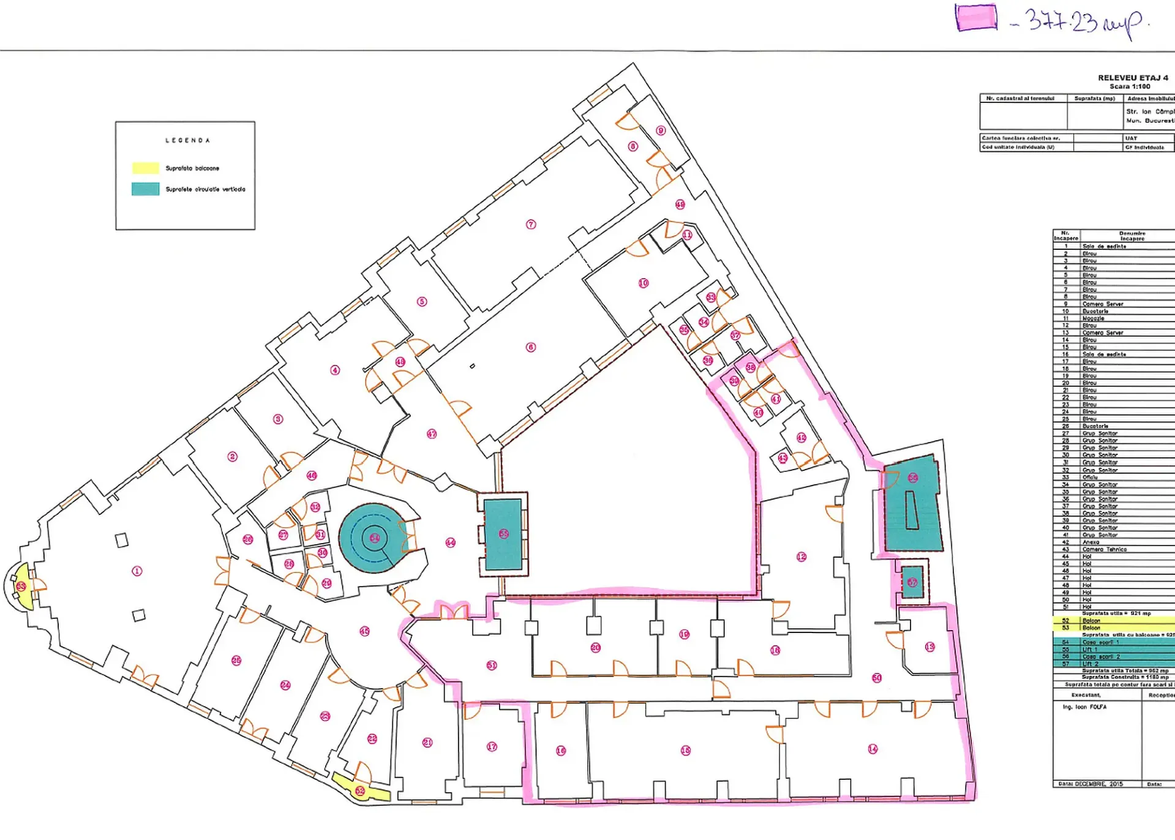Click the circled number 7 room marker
[531, 224]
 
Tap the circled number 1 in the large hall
[137, 571]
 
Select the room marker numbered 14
[873, 749]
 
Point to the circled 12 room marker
[801, 557]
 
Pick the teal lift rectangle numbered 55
[503, 534]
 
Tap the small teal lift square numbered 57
[912, 582]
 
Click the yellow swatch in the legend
[145, 168]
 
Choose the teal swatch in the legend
[145, 189]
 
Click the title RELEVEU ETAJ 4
[1132, 78]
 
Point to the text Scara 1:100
[1130, 86]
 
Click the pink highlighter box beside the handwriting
[976, 17]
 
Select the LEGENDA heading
[187, 140]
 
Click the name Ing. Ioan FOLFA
[1084, 707]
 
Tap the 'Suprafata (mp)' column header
[1094, 99]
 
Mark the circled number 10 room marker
[643, 283]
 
